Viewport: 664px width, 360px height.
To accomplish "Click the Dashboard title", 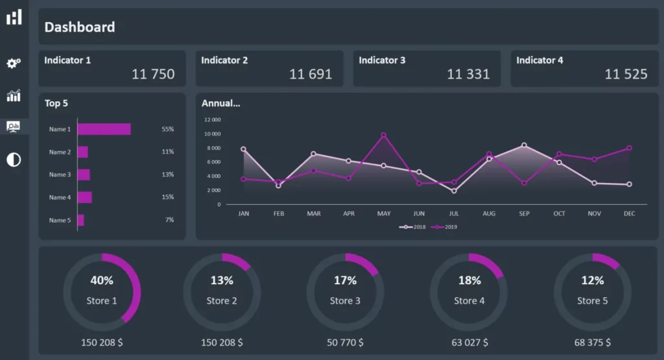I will pyautogui.click(x=80, y=27).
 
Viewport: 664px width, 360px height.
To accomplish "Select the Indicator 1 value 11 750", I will pyautogui.click(x=153, y=74).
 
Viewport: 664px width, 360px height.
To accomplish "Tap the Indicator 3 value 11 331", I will pyautogui.click(x=468, y=74).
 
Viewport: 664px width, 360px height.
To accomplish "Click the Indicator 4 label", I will pyautogui.click(x=539, y=60).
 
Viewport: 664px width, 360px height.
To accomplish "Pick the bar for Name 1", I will pyautogui.click(x=104, y=129).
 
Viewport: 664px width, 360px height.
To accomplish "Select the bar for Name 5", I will pyautogui.click(x=80, y=221).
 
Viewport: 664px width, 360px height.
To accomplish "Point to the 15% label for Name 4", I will pyautogui.click(x=168, y=197).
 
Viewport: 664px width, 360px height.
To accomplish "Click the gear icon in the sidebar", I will pyautogui.click(x=14, y=63).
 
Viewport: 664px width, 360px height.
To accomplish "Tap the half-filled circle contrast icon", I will pyautogui.click(x=14, y=160).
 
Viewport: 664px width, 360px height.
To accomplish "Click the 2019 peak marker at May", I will pyautogui.click(x=383, y=135).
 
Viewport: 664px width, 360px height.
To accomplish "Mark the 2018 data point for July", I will pyautogui.click(x=454, y=191).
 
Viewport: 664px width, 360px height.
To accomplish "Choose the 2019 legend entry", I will pyautogui.click(x=444, y=227).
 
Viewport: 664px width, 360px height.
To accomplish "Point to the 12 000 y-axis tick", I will pyautogui.click(x=212, y=120).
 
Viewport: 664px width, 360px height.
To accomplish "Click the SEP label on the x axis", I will pyautogui.click(x=524, y=213).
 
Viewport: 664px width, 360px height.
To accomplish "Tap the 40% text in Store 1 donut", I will pyautogui.click(x=102, y=281).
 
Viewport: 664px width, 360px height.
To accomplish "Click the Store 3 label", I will pyautogui.click(x=345, y=301).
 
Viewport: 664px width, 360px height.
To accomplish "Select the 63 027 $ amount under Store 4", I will pyautogui.click(x=469, y=342).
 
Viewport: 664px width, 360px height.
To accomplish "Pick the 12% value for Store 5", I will pyautogui.click(x=592, y=281).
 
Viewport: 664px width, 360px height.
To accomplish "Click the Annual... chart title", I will pyautogui.click(x=220, y=103).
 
